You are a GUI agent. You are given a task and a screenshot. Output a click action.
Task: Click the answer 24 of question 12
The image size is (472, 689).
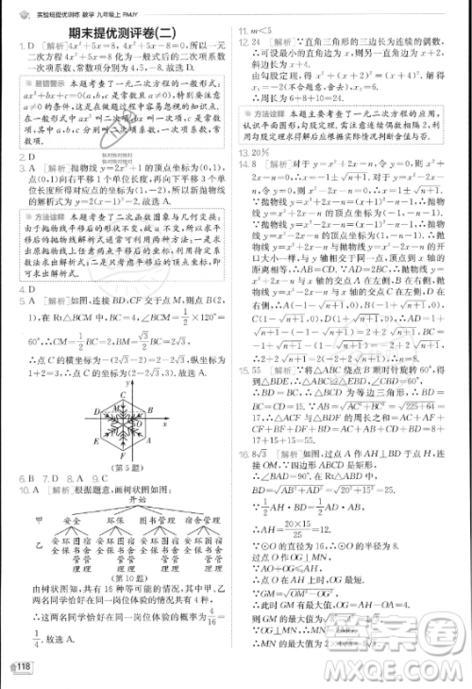tap(258, 43)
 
